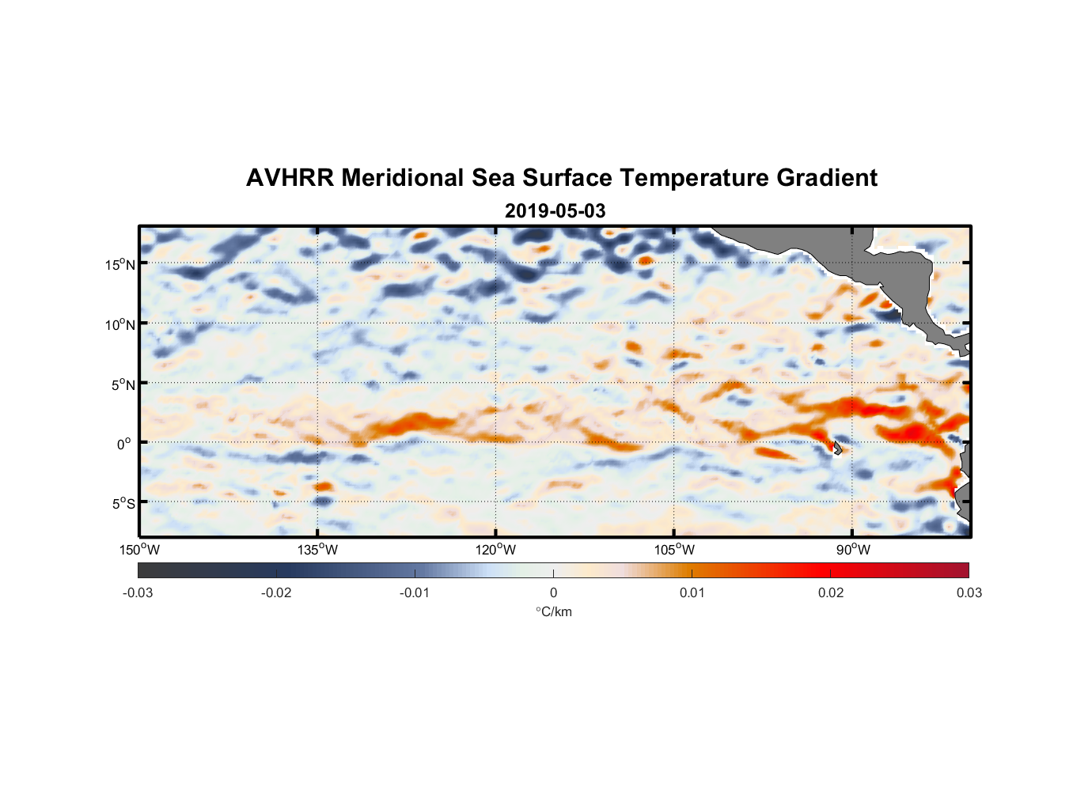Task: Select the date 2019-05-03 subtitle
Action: click(555, 211)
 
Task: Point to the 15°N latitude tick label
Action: click(120, 264)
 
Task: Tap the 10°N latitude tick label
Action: click(120, 324)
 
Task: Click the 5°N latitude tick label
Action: click(123, 384)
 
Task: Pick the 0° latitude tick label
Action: click(125, 444)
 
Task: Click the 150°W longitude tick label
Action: click(140, 550)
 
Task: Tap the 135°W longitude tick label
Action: click(318, 550)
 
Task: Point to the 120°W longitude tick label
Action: click(496, 550)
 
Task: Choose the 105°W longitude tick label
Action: click(674, 550)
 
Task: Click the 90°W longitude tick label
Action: click(853, 550)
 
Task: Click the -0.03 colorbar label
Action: click(138, 592)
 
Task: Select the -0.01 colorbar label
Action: click(415, 592)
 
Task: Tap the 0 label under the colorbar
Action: click(553, 592)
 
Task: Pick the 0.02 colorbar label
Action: click(831, 592)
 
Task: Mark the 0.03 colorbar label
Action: click(969, 592)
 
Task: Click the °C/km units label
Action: click(553, 611)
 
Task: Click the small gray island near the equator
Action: click(836, 448)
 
